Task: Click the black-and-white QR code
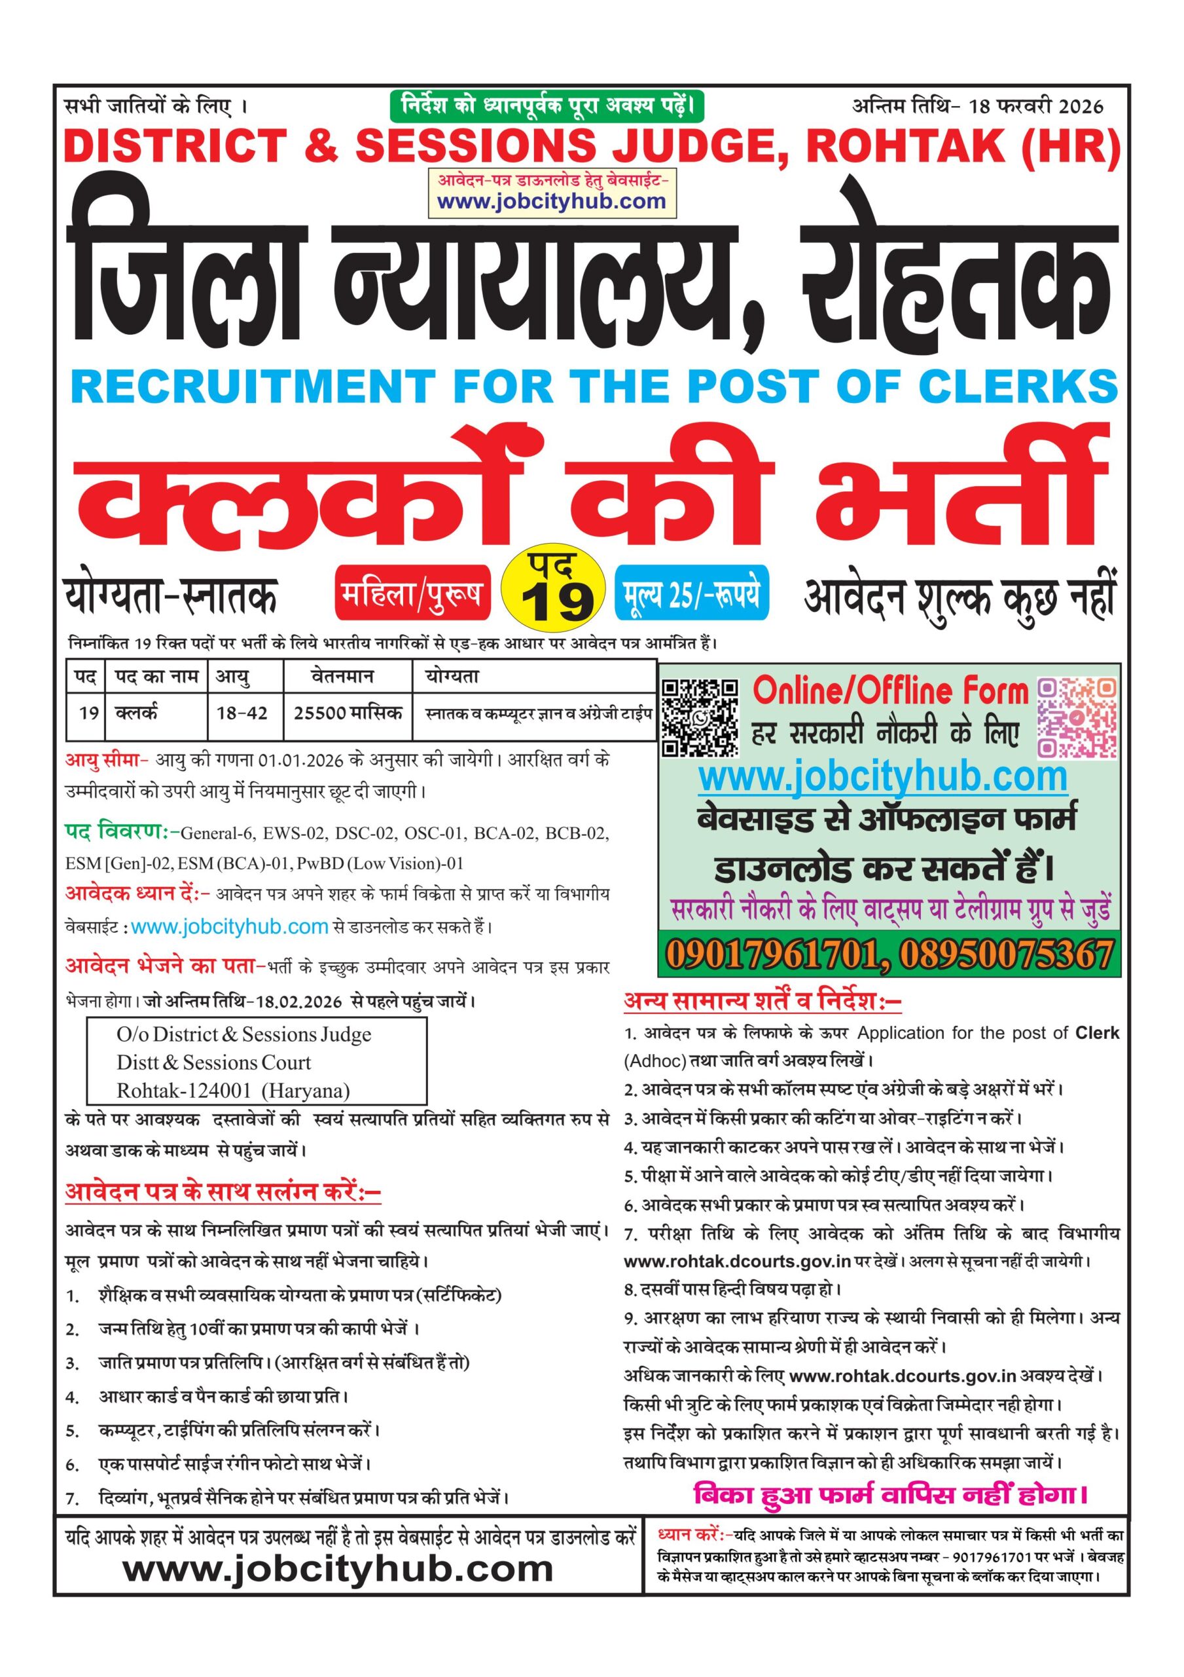[700, 717]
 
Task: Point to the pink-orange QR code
[1077, 717]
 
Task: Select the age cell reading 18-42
[242, 713]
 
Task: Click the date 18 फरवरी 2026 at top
[1036, 107]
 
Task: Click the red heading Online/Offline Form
[890, 690]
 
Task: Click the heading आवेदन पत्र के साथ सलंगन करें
[223, 1192]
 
